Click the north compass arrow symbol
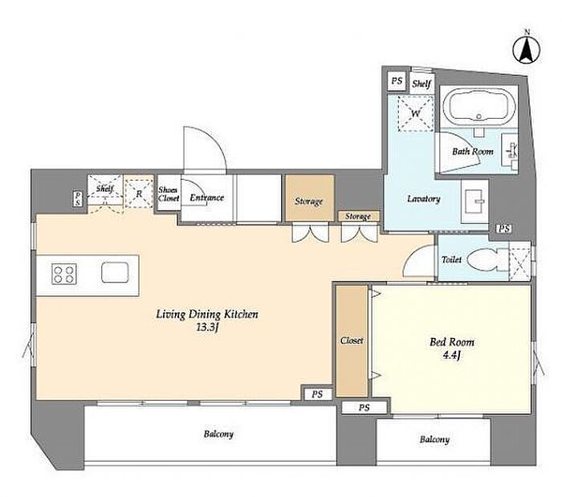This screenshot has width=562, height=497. (x=527, y=50)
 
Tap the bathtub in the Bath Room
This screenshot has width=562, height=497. (x=479, y=107)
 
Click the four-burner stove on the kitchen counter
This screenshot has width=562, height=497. (x=64, y=274)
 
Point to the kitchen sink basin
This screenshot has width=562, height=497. (x=115, y=272)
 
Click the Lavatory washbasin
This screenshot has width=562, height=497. (x=475, y=201)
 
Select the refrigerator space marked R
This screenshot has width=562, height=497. (x=140, y=194)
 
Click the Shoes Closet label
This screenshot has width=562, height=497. (x=169, y=194)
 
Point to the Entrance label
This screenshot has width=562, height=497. (x=207, y=198)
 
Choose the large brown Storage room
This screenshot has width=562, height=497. (x=310, y=198)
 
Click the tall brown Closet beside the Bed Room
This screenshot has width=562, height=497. (x=352, y=340)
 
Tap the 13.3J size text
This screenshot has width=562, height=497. (x=207, y=328)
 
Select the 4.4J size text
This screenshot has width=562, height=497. (x=451, y=355)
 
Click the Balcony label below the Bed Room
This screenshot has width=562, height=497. (x=434, y=439)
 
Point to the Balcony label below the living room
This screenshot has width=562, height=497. (x=218, y=434)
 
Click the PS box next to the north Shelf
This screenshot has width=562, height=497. (x=397, y=81)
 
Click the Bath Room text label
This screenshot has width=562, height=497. (x=472, y=151)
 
